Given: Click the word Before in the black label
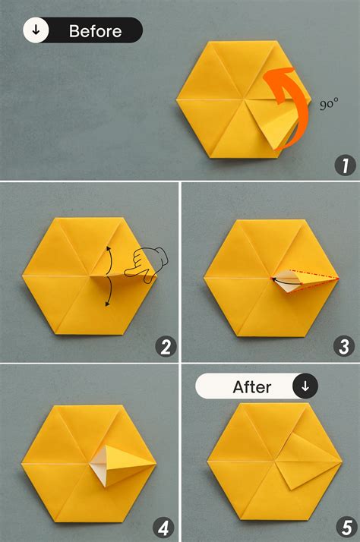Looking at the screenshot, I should (x=95, y=31).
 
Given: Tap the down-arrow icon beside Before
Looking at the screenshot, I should (x=36, y=30).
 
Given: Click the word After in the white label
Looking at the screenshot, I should (x=251, y=386).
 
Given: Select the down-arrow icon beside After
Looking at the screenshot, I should (x=305, y=386).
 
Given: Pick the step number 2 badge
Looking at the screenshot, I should (x=166, y=347).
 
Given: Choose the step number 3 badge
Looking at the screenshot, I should (x=345, y=347).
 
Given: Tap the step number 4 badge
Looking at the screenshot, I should (x=166, y=526).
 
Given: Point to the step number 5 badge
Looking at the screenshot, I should (x=345, y=526).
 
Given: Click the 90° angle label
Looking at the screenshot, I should (x=329, y=105).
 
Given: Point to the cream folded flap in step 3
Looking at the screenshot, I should (x=285, y=279).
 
